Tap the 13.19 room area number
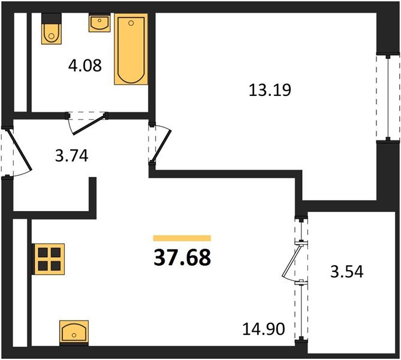click(269, 91)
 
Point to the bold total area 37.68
click(183, 258)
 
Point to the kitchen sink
click(74, 331)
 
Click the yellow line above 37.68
click(182, 238)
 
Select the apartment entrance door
click(13, 153)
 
